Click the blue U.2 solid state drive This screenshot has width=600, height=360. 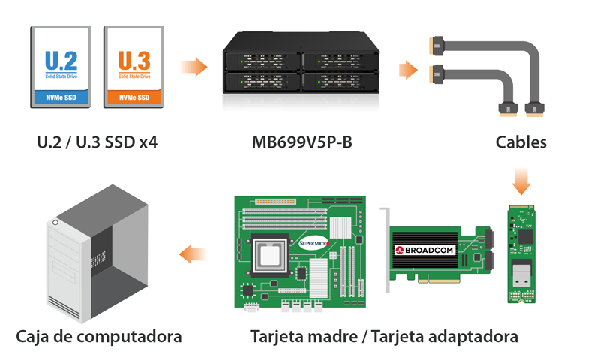point(61,65)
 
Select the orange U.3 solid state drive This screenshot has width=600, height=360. point(133,65)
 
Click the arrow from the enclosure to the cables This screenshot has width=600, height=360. point(407,70)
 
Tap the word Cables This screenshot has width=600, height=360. point(521,142)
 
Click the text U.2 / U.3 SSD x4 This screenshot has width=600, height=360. point(97,142)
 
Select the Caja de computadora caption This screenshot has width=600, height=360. point(99,336)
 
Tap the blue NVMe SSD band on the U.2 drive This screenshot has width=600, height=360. point(61,97)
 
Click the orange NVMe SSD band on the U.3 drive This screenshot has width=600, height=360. point(133,97)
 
